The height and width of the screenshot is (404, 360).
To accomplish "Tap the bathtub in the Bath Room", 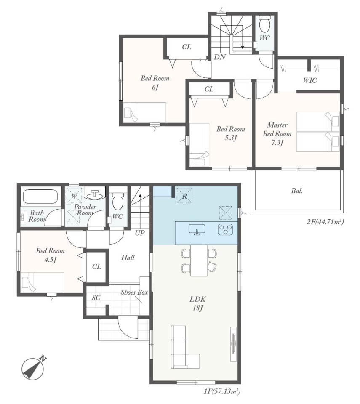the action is tap(41, 197).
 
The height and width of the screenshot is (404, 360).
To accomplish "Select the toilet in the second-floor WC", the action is tap(264, 24).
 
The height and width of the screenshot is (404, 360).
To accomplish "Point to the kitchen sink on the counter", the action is tap(197, 229).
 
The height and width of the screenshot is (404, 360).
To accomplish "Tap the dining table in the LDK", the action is tap(199, 260).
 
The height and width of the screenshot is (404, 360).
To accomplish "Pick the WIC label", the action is tap(310, 80).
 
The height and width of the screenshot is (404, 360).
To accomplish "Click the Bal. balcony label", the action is tap(296, 191).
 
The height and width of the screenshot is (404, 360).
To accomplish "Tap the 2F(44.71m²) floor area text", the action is tap(325, 221).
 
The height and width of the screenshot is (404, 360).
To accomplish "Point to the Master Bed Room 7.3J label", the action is tap(277, 134).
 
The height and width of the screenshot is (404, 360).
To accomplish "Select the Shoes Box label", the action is tap(134, 292).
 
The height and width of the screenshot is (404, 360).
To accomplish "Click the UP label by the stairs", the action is tap(140, 233).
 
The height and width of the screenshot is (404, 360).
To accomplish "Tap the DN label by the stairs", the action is tap(220, 57).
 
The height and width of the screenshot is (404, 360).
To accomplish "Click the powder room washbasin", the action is tap(95, 195).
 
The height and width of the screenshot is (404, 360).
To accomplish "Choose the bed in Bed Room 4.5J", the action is tap(42, 282).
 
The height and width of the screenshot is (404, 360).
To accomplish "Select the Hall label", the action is tap(128, 258).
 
